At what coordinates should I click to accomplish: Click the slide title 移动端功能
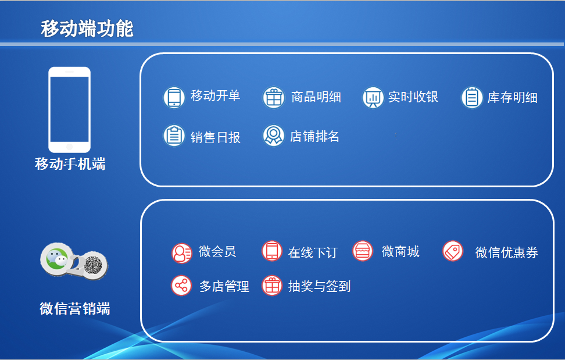(87, 29)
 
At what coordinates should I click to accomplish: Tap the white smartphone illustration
(70, 109)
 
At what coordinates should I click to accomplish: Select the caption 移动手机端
(70, 164)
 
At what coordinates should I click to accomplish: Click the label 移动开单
(215, 96)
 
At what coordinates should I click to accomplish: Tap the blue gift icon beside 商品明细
(274, 97)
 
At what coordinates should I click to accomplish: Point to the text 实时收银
(413, 97)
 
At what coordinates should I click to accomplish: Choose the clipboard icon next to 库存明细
(472, 97)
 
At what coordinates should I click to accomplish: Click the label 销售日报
(215, 137)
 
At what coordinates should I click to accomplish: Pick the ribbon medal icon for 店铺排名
(274, 136)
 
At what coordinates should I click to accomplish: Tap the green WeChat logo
(56, 258)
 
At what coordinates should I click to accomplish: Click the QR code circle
(94, 266)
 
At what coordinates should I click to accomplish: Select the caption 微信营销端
(74, 309)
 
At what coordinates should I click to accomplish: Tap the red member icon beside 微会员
(181, 253)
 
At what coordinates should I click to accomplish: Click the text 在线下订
(313, 252)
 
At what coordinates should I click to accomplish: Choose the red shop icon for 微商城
(363, 251)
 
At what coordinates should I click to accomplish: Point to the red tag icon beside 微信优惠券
(453, 251)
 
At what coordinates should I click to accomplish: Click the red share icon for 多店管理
(181, 286)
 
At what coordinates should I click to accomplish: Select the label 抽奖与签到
(319, 287)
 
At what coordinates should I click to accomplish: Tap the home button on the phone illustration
(70, 147)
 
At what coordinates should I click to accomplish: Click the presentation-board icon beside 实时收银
(373, 97)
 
